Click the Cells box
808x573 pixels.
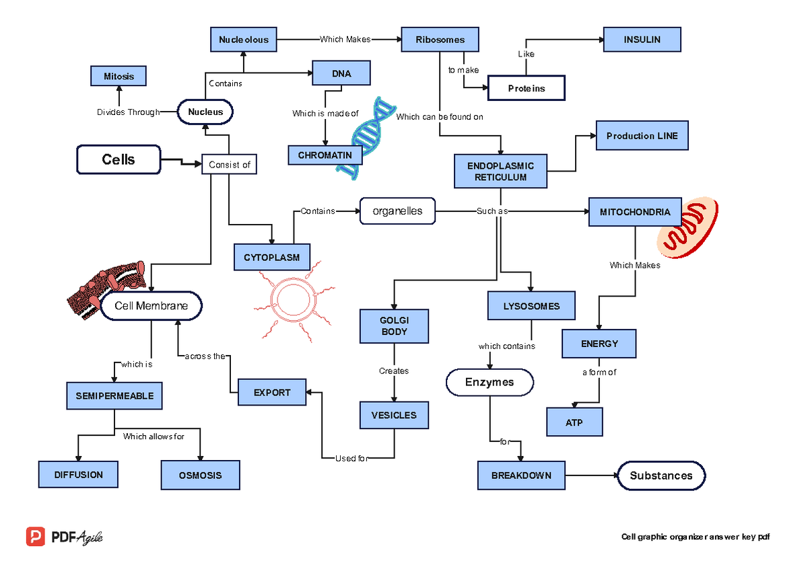[x=119, y=160]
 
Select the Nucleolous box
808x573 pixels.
[x=243, y=40]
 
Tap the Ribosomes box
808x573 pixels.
[x=440, y=40]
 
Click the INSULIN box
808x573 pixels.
[x=642, y=40]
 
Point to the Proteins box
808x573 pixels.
[x=527, y=89]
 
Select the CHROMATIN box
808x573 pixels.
[x=325, y=155]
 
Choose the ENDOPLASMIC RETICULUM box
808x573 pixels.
[x=500, y=171]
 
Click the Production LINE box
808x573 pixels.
[x=642, y=136]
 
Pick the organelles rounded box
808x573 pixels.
[x=397, y=211]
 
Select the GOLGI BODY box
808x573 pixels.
[x=394, y=326]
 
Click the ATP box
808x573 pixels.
[x=574, y=423]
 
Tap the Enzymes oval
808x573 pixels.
[x=490, y=383]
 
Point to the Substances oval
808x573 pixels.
[x=661, y=475]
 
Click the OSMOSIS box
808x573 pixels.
[x=200, y=475]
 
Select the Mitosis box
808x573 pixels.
[x=119, y=77]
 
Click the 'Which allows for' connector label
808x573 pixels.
[x=154, y=436]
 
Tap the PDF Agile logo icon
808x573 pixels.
[x=36, y=537]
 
